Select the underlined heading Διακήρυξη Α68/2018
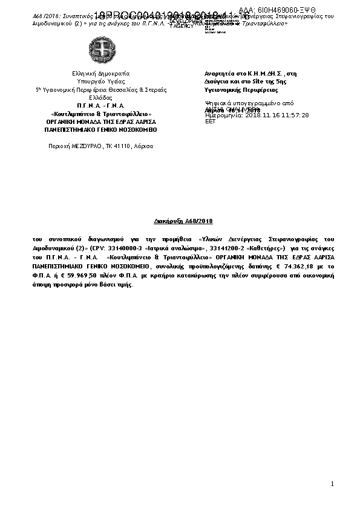[180, 222]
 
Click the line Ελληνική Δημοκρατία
[101, 73]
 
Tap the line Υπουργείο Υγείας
[101, 81]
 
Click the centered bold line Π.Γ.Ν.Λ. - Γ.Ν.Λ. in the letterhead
[101, 105]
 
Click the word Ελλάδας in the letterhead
[101, 97]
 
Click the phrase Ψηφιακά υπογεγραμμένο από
[241, 103]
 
